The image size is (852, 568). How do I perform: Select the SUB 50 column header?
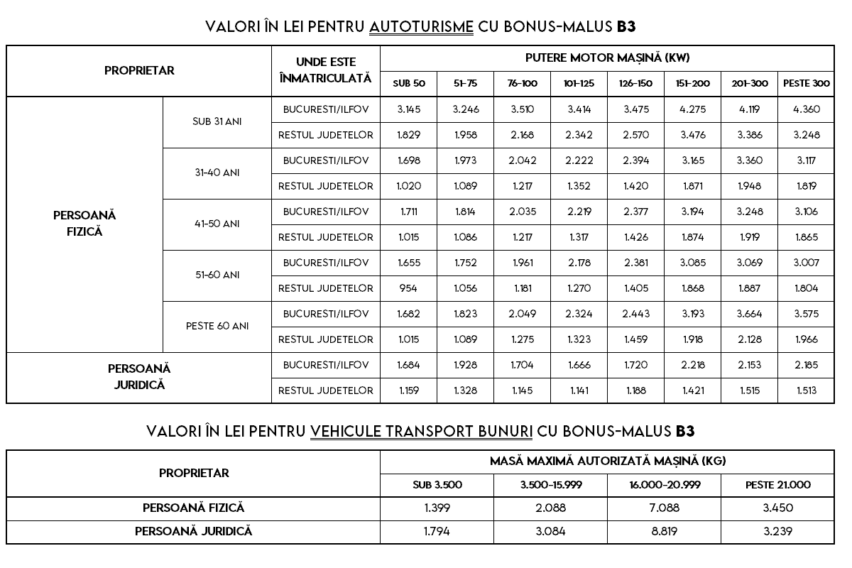tap(409, 84)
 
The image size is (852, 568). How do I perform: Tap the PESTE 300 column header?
tap(806, 84)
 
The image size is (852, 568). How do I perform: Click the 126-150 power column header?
tap(635, 84)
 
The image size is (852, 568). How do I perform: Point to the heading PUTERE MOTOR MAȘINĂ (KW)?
tap(607, 58)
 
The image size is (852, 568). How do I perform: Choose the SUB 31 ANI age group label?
tap(217, 121)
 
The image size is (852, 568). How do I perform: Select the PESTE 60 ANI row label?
tap(217, 326)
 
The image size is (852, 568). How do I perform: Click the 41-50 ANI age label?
tap(217, 224)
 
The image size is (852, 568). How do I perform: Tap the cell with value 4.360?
tap(806, 109)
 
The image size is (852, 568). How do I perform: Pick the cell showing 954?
tap(409, 288)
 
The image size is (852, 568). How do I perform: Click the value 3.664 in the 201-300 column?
tap(750, 314)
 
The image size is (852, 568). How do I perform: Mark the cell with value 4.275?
tap(693, 109)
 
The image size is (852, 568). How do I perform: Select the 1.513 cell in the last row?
tap(806, 390)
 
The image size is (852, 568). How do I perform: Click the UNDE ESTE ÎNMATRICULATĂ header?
tap(326, 71)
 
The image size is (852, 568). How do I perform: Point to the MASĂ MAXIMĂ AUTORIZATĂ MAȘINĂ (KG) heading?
tap(607, 461)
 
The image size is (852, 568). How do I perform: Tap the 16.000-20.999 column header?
tap(664, 486)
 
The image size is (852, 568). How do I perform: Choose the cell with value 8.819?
tap(664, 531)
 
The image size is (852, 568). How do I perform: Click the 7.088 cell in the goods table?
tap(664, 508)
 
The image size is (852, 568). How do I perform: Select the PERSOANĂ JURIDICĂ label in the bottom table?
tap(193, 531)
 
